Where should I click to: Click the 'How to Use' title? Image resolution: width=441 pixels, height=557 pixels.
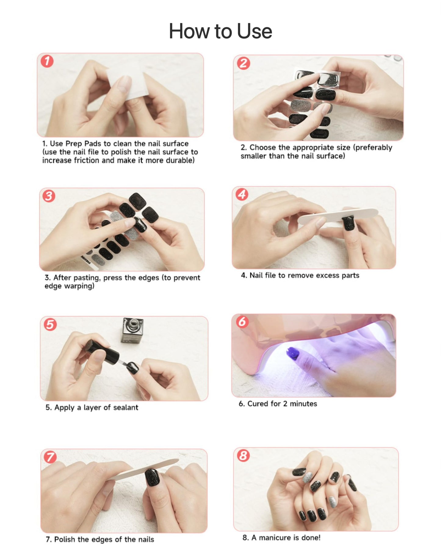click(x=220, y=31)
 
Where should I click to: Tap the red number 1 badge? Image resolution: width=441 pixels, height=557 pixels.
click(x=47, y=61)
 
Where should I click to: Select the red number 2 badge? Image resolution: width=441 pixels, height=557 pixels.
click(x=244, y=63)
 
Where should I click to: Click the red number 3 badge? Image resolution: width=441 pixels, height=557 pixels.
click(x=49, y=196)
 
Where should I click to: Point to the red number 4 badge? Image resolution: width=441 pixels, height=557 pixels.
click(x=242, y=194)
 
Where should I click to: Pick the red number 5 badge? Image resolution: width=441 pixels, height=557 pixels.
click(x=50, y=324)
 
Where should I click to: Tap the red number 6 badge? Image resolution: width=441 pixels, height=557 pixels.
click(x=242, y=322)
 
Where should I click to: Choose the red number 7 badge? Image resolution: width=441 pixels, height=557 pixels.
click(x=50, y=457)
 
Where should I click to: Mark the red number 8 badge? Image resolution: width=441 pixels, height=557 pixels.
click(x=243, y=455)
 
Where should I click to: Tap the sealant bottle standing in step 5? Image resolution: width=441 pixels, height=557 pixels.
click(x=132, y=331)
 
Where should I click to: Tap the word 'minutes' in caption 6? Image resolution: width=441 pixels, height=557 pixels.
click(x=303, y=404)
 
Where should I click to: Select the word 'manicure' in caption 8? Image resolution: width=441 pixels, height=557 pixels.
click(x=274, y=537)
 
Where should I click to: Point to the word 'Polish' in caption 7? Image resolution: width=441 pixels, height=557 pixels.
click(x=65, y=539)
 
